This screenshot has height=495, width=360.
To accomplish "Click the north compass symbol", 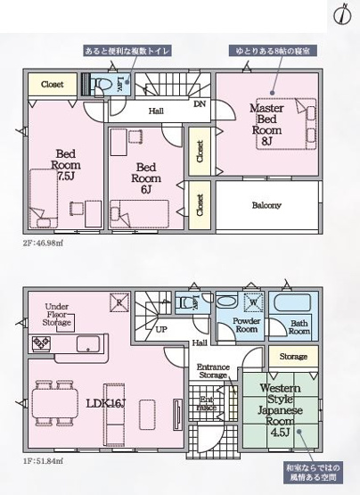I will pos(342,15).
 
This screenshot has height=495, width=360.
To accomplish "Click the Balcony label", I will pos(266,204).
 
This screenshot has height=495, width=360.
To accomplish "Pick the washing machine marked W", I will pos(252,301).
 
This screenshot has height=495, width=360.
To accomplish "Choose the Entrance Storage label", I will pos(213,369).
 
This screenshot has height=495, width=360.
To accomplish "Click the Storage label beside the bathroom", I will pos(292,357).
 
